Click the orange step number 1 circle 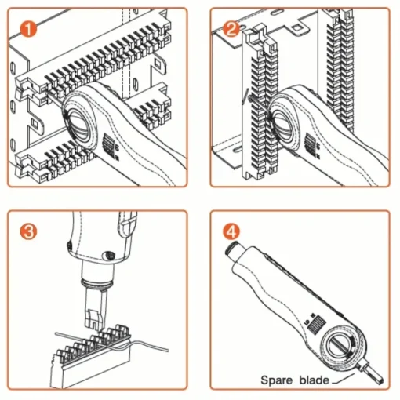click(x=28, y=29)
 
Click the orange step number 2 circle click(x=231, y=29)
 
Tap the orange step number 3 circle click(x=28, y=231)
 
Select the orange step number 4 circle click(x=231, y=231)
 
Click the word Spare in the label click(x=276, y=380)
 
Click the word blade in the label click(x=314, y=380)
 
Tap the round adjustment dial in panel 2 click(x=282, y=125)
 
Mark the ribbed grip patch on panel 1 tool click(x=109, y=145)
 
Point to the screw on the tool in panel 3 click(x=108, y=254)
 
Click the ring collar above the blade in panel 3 click(x=97, y=284)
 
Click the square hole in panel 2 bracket click(x=296, y=27)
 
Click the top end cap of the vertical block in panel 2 click(x=259, y=37)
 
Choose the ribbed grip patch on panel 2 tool click(x=312, y=144)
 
